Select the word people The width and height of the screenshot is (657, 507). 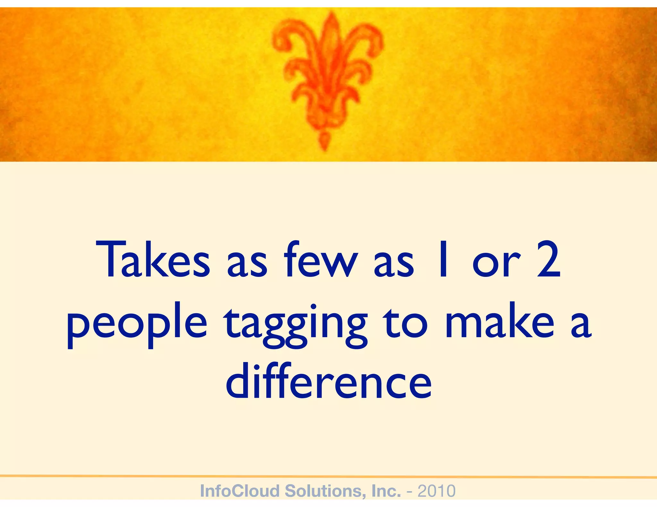pyautogui.click(x=137, y=324)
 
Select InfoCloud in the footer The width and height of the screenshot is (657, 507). pyautogui.click(x=239, y=491)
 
